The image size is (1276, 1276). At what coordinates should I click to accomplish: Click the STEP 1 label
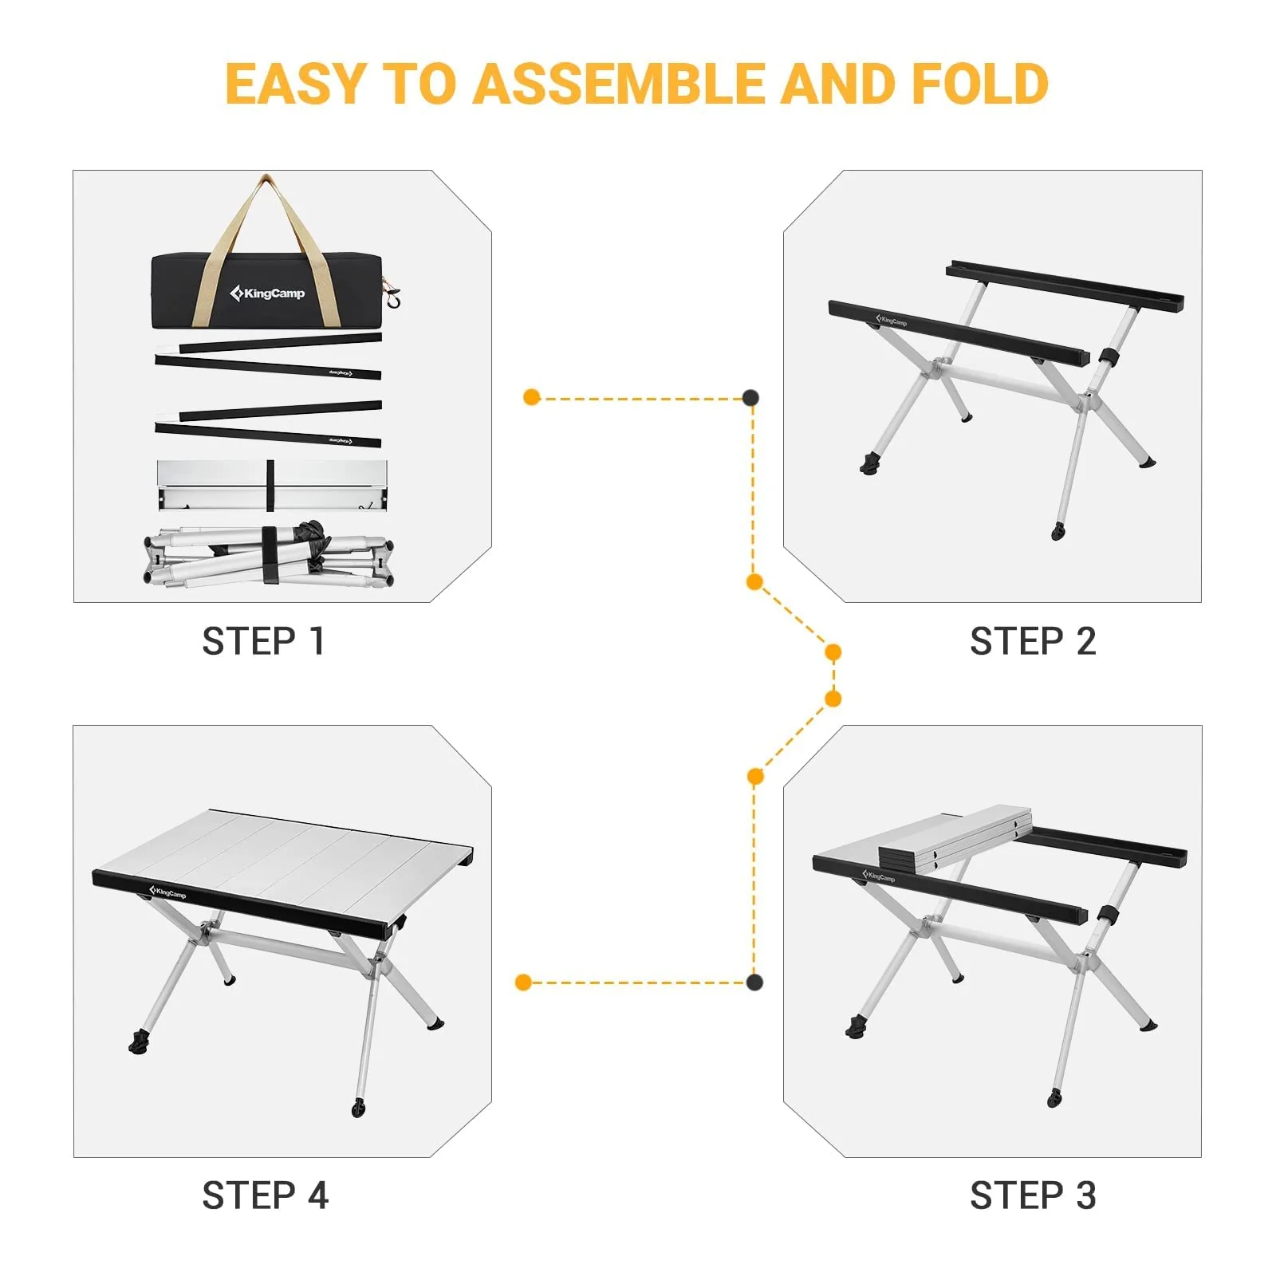(263, 641)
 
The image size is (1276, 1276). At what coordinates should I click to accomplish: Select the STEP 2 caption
(1033, 641)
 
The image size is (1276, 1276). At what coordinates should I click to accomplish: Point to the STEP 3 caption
(1033, 1195)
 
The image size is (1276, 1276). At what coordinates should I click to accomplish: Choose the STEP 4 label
(265, 1195)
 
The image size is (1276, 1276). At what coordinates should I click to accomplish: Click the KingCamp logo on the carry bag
(267, 293)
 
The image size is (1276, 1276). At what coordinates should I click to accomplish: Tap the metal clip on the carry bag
(392, 295)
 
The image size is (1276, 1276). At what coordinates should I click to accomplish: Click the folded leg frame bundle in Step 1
(269, 555)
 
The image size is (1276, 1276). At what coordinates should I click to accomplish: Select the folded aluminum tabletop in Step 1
(271, 485)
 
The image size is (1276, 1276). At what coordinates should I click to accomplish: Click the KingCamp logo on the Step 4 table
(167, 892)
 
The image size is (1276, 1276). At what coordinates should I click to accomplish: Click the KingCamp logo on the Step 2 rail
(892, 321)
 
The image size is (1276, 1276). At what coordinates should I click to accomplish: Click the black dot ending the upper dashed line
(750, 397)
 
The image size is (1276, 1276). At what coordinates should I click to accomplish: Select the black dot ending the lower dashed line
(754, 982)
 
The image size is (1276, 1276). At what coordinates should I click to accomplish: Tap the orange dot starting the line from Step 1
(532, 397)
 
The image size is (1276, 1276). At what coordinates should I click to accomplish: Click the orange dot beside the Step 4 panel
(523, 982)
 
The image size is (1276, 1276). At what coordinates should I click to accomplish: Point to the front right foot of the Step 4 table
(358, 1107)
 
